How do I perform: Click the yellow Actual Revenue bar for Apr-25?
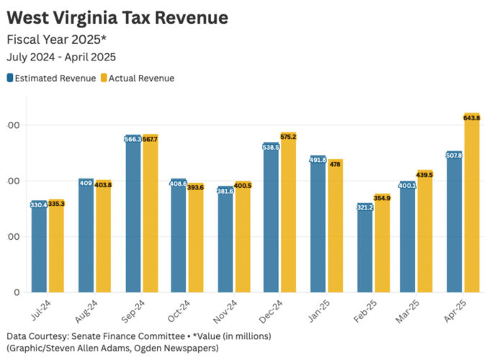pyautogui.click(x=472, y=209)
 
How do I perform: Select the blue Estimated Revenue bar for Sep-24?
pyautogui.click(x=133, y=216)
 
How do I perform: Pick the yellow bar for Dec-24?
pyautogui.click(x=288, y=216)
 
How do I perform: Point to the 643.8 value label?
pyautogui.click(x=472, y=117)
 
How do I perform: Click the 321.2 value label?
pyautogui.click(x=365, y=207)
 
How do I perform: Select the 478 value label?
pyautogui.click(x=335, y=164)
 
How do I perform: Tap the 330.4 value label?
pyautogui.click(x=39, y=205)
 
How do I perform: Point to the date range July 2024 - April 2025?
pyautogui.click(x=61, y=57)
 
